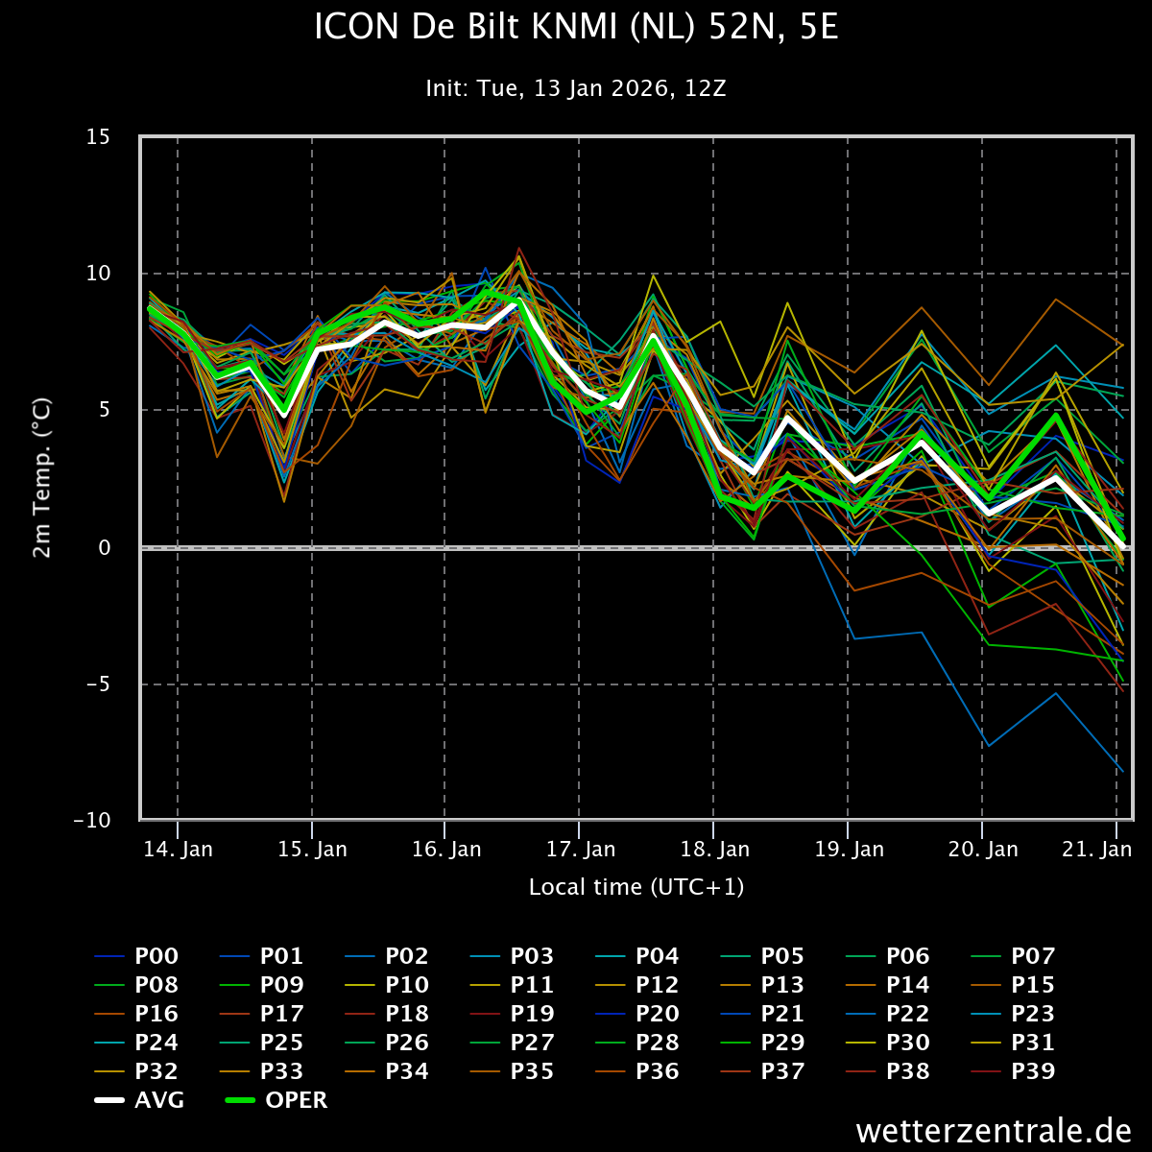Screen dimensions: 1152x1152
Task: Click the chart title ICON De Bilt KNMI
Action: pyautogui.click(x=576, y=28)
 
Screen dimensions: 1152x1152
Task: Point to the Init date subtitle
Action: pyautogui.click(x=576, y=89)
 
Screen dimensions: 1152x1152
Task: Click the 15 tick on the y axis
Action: pyautogui.click(x=98, y=137)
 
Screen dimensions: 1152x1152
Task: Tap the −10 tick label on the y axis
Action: pyautogui.click(x=91, y=821)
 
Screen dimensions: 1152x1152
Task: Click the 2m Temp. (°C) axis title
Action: pyautogui.click(x=42, y=478)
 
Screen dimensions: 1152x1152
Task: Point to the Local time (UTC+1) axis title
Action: pyautogui.click(x=636, y=887)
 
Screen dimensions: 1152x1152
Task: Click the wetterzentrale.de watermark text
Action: pyautogui.click(x=994, y=1131)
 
